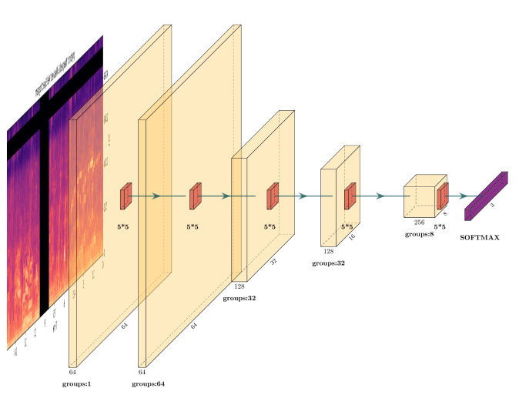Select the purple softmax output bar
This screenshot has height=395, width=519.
point(486,196)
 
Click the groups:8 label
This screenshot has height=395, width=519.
point(419,233)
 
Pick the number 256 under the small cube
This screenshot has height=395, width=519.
point(419,222)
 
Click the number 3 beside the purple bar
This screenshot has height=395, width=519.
point(493,206)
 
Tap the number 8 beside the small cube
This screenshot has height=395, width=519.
point(445,215)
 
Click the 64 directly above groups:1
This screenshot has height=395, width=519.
point(73,371)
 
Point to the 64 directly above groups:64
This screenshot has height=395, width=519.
point(142,371)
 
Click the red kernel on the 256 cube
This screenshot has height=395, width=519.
point(443,197)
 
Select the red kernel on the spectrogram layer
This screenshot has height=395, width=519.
point(126,196)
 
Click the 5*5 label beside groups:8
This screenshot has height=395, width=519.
point(440,227)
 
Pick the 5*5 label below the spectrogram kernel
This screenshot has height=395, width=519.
point(123,227)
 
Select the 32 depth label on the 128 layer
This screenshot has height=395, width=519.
point(273,262)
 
